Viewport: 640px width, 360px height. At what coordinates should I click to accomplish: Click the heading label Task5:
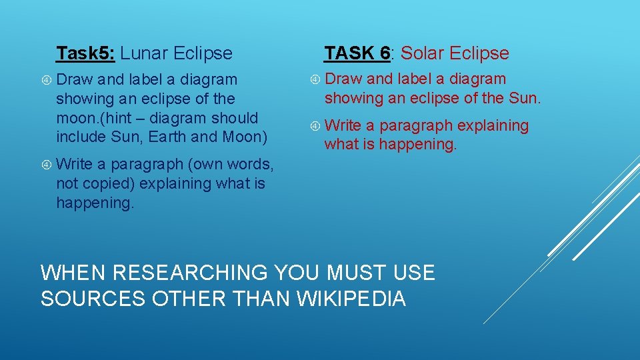tap(86, 53)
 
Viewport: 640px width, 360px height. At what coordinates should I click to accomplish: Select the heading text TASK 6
tap(357, 53)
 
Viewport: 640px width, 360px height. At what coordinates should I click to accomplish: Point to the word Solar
tap(425, 53)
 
